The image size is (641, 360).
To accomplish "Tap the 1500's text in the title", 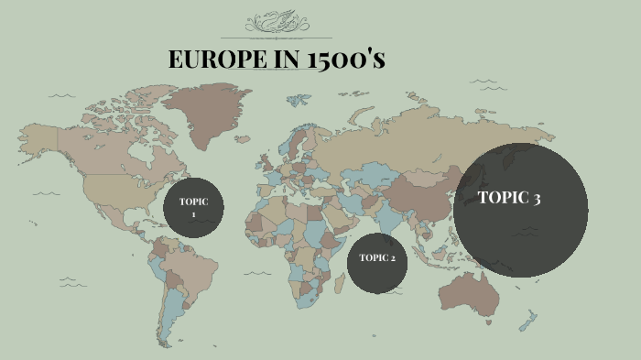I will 347,60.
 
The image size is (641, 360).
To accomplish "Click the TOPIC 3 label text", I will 509,197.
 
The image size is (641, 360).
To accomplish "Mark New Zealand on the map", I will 527,321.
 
